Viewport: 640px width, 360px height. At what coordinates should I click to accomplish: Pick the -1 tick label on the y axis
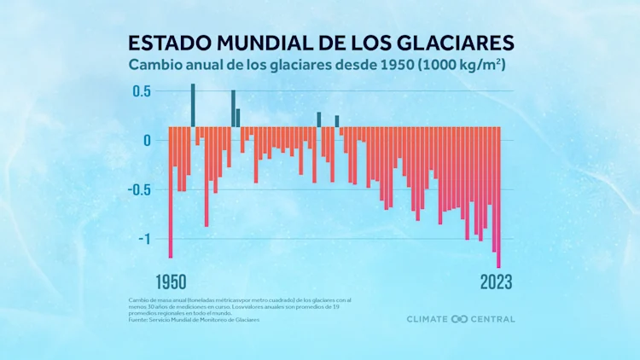tap(143, 239)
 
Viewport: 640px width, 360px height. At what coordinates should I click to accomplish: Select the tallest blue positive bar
tap(193, 105)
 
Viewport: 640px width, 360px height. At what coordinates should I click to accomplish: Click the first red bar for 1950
tap(171, 192)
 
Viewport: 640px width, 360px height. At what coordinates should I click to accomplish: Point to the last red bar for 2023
tap(498, 197)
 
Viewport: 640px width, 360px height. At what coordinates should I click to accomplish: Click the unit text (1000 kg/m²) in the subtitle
tap(460, 65)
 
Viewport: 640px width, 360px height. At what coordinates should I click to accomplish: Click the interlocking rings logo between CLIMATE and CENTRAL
tap(459, 319)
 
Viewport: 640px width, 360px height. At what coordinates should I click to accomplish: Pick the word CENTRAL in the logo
tap(492, 319)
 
